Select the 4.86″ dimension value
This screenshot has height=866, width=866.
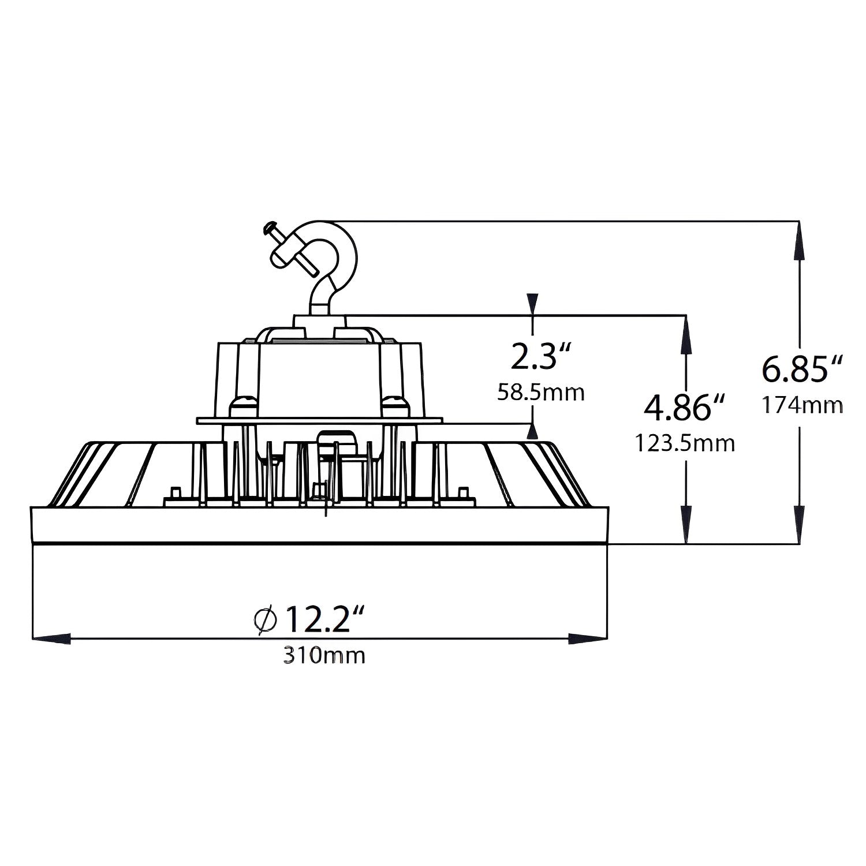pos(685,408)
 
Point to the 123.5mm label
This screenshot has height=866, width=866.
pos(685,443)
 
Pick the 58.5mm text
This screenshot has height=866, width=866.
pos(541,393)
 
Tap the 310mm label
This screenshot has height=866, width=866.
pos(324,655)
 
